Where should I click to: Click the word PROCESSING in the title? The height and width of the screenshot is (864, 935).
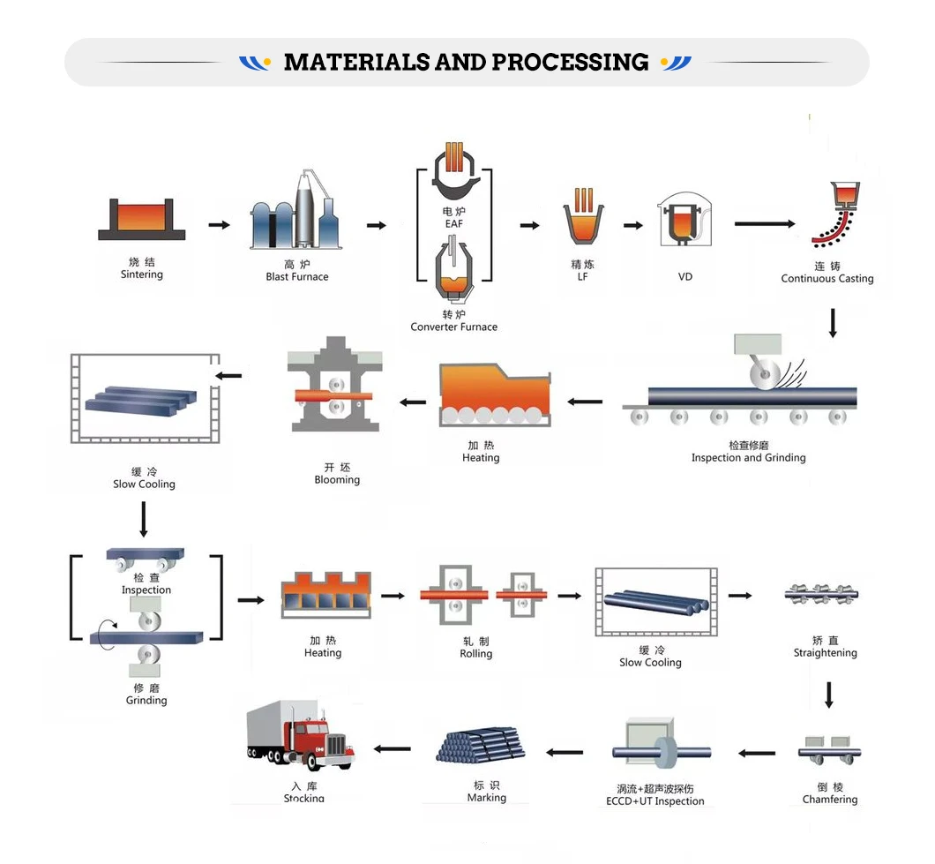click(570, 63)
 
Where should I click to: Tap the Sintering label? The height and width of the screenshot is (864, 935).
click(142, 274)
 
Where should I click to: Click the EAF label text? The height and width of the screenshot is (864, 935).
click(453, 224)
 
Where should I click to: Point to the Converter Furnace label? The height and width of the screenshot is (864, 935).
click(453, 327)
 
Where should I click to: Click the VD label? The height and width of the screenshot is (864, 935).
click(685, 277)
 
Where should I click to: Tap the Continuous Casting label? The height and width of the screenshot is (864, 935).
click(827, 279)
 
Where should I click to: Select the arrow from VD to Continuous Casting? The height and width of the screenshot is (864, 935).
click(764, 224)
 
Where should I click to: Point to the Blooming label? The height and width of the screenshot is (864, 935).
click(337, 480)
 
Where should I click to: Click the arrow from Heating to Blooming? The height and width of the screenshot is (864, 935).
click(412, 402)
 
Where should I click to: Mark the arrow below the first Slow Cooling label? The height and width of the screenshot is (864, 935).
click(144, 520)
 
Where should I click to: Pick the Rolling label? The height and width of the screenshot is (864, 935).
click(475, 654)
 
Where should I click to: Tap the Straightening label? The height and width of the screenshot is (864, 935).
click(825, 653)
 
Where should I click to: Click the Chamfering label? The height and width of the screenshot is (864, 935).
click(829, 800)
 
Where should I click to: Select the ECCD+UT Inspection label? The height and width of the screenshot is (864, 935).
click(654, 801)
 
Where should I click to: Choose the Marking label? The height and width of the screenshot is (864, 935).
click(487, 798)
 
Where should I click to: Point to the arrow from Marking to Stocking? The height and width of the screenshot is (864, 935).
click(392, 749)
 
